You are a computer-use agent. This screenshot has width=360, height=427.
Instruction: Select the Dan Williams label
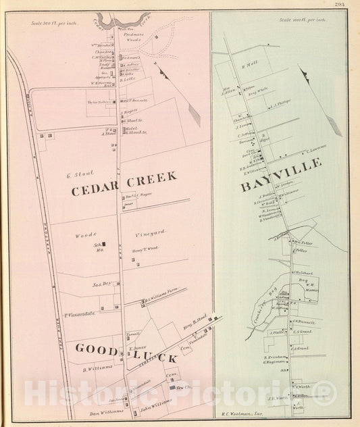click(103, 411)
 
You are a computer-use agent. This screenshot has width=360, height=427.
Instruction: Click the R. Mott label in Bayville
click(251, 66)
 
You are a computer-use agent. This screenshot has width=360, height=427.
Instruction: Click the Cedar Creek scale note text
click(49, 22)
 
